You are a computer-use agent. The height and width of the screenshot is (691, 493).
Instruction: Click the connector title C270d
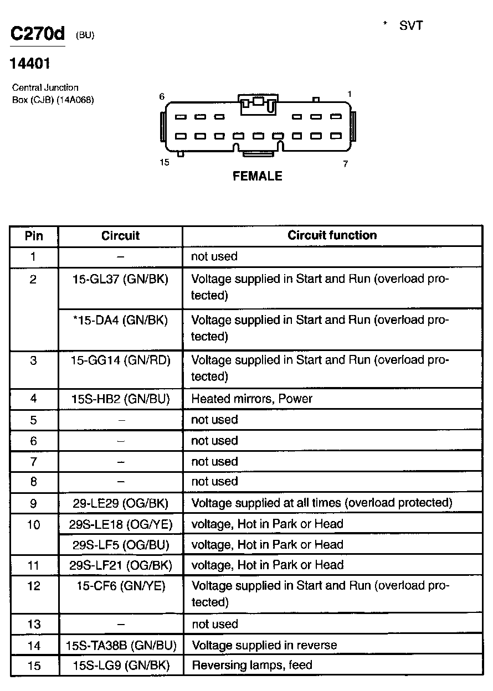pyautogui.click(x=38, y=34)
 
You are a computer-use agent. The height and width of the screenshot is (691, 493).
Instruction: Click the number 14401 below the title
pyautogui.click(x=30, y=64)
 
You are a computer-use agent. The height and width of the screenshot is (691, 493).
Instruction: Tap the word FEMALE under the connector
pyautogui.click(x=258, y=176)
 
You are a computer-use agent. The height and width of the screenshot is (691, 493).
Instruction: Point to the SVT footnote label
pyautogui.click(x=410, y=26)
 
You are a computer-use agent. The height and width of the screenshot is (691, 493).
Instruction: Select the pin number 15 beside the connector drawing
pyautogui.click(x=165, y=163)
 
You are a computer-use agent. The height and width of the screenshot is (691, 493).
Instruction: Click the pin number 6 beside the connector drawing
pyautogui.click(x=162, y=96)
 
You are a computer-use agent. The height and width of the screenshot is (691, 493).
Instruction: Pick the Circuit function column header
pyautogui.click(x=332, y=235)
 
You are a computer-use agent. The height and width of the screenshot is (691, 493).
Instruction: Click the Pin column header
pyautogui.click(x=34, y=236)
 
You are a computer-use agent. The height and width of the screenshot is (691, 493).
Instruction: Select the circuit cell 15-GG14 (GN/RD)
pyautogui.click(x=121, y=360)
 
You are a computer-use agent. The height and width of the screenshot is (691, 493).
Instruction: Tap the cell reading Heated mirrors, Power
pyautogui.click(x=252, y=399)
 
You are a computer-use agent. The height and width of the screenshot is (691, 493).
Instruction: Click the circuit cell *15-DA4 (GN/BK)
pyautogui.click(x=120, y=319)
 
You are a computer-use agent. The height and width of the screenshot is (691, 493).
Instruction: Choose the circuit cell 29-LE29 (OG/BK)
pyautogui.click(x=120, y=503)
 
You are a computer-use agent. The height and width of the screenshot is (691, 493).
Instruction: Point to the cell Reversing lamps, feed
pyautogui.click(x=252, y=665)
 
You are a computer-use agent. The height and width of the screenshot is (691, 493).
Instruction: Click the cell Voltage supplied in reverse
pyautogui.click(x=264, y=645)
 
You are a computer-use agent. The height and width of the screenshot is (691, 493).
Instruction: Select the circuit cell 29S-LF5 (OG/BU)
pyautogui.click(x=120, y=544)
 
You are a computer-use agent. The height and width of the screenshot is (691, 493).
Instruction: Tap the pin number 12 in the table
pyautogui.click(x=34, y=586)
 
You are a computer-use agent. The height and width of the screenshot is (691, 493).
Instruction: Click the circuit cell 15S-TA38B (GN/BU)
pyautogui.click(x=120, y=645)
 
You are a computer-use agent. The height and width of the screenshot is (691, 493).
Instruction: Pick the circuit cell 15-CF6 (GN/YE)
pyautogui.click(x=120, y=586)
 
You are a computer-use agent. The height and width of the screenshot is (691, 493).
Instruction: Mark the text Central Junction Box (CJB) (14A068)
pyautogui.click(x=53, y=94)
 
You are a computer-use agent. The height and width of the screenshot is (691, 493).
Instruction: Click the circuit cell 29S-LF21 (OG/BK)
pyautogui.click(x=120, y=565)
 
